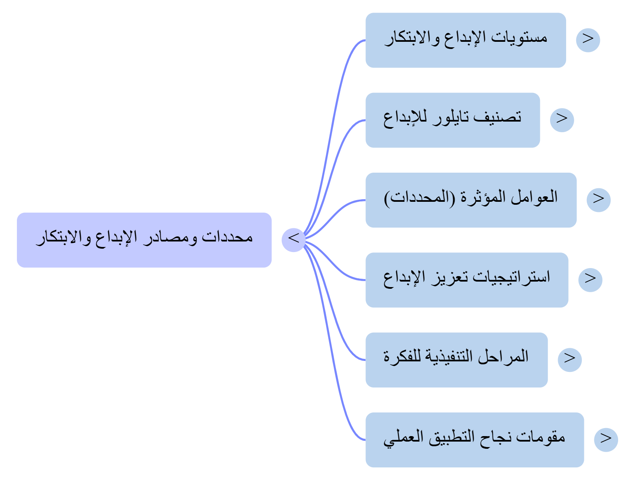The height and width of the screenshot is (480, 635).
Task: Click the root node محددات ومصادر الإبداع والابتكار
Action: pyautogui.click(x=144, y=239)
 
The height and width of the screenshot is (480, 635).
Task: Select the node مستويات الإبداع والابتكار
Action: pyautogui.click(x=465, y=40)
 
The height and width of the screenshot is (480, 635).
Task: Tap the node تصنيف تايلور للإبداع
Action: pyautogui.click(x=452, y=120)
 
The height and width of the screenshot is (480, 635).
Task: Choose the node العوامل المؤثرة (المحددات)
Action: pyautogui.click(x=471, y=200)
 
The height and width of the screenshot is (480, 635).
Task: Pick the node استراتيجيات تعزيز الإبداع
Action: pyautogui.click(x=466, y=279)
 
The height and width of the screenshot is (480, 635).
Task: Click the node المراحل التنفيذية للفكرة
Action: pyautogui.click(x=456, y=359)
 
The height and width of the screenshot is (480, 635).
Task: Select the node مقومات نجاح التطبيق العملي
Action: pyautogui.click(x=474, y=439)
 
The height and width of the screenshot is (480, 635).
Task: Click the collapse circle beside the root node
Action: pyautogui.click(x=293, y=239)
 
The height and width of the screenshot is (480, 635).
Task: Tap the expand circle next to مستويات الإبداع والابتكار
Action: pyautogui.click(x=588, y=40)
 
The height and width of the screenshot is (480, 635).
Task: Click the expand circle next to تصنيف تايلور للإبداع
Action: pyautogui.click(x=562, y=120)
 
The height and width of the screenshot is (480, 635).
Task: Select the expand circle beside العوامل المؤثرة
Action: pyautogui.click(x=598, y=200)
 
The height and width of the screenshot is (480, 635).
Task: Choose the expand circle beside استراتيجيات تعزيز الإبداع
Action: pyautogui.click(x=590, y=279)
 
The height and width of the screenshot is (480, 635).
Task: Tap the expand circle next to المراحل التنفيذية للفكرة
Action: pyautogui.click(x=570, y=359)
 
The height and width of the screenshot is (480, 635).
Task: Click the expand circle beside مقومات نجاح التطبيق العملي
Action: pyautogui.click(x=606, y=439)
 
